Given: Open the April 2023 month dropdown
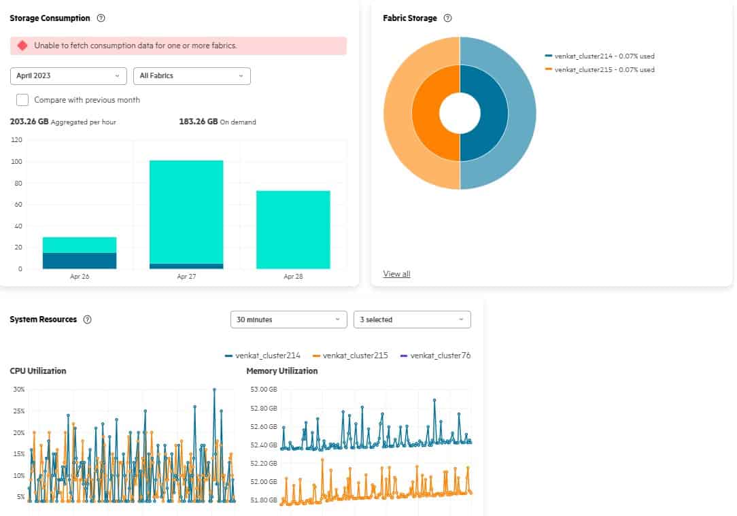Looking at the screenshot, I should (68, 75).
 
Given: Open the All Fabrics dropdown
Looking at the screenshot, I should (192, 75).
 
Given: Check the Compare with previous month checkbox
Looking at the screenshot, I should (22, 100).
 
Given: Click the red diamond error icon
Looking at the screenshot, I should (22, 46).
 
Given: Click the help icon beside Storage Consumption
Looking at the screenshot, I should (101, 18).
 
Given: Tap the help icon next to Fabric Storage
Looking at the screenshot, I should (447, 18).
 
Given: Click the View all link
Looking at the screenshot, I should (396, 274).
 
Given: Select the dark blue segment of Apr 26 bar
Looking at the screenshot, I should (80, 260).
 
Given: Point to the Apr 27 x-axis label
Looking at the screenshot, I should (186, 277).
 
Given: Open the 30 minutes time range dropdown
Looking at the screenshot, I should (288, 320).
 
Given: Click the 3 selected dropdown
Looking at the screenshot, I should (412, 320).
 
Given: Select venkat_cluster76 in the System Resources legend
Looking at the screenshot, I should (440, 355).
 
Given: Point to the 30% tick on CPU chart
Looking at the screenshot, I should (19, 390).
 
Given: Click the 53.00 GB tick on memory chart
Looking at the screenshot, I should (264, 390).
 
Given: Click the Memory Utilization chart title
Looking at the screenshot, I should (281, 371).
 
